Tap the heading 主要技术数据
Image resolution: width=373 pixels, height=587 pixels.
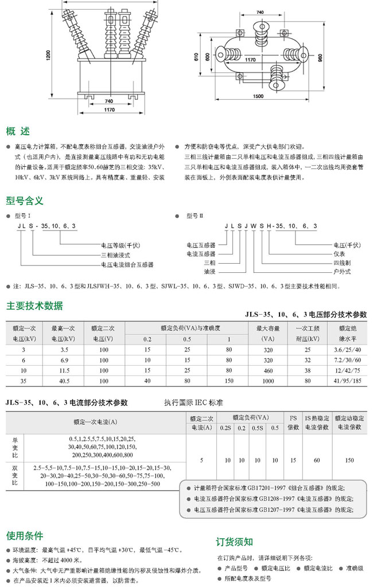point(34,305)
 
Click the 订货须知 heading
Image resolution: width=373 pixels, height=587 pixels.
point(234,542)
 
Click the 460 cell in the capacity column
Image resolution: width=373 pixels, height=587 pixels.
point(268,370)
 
